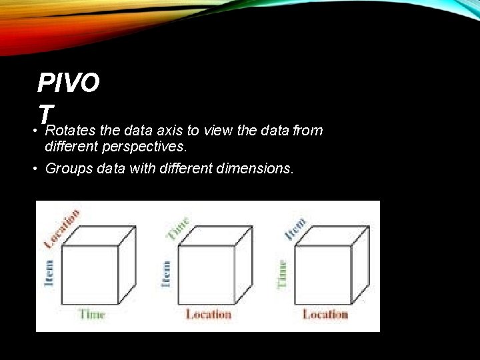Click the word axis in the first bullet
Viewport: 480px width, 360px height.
[173, 131]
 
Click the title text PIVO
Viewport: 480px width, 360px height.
[69, 83]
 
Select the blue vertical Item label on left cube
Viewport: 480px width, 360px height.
[49, 273]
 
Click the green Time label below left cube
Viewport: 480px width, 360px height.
[92, 313]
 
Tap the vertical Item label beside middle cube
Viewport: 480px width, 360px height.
[167, 273]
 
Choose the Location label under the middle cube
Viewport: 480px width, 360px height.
[208, 314]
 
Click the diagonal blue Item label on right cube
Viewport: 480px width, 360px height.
[295, 229]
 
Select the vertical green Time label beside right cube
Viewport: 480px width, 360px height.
[283, 273]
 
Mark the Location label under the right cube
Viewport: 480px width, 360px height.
[325, 314]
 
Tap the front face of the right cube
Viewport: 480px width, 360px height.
[323, 275]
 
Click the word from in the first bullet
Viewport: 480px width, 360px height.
[307, 131]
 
